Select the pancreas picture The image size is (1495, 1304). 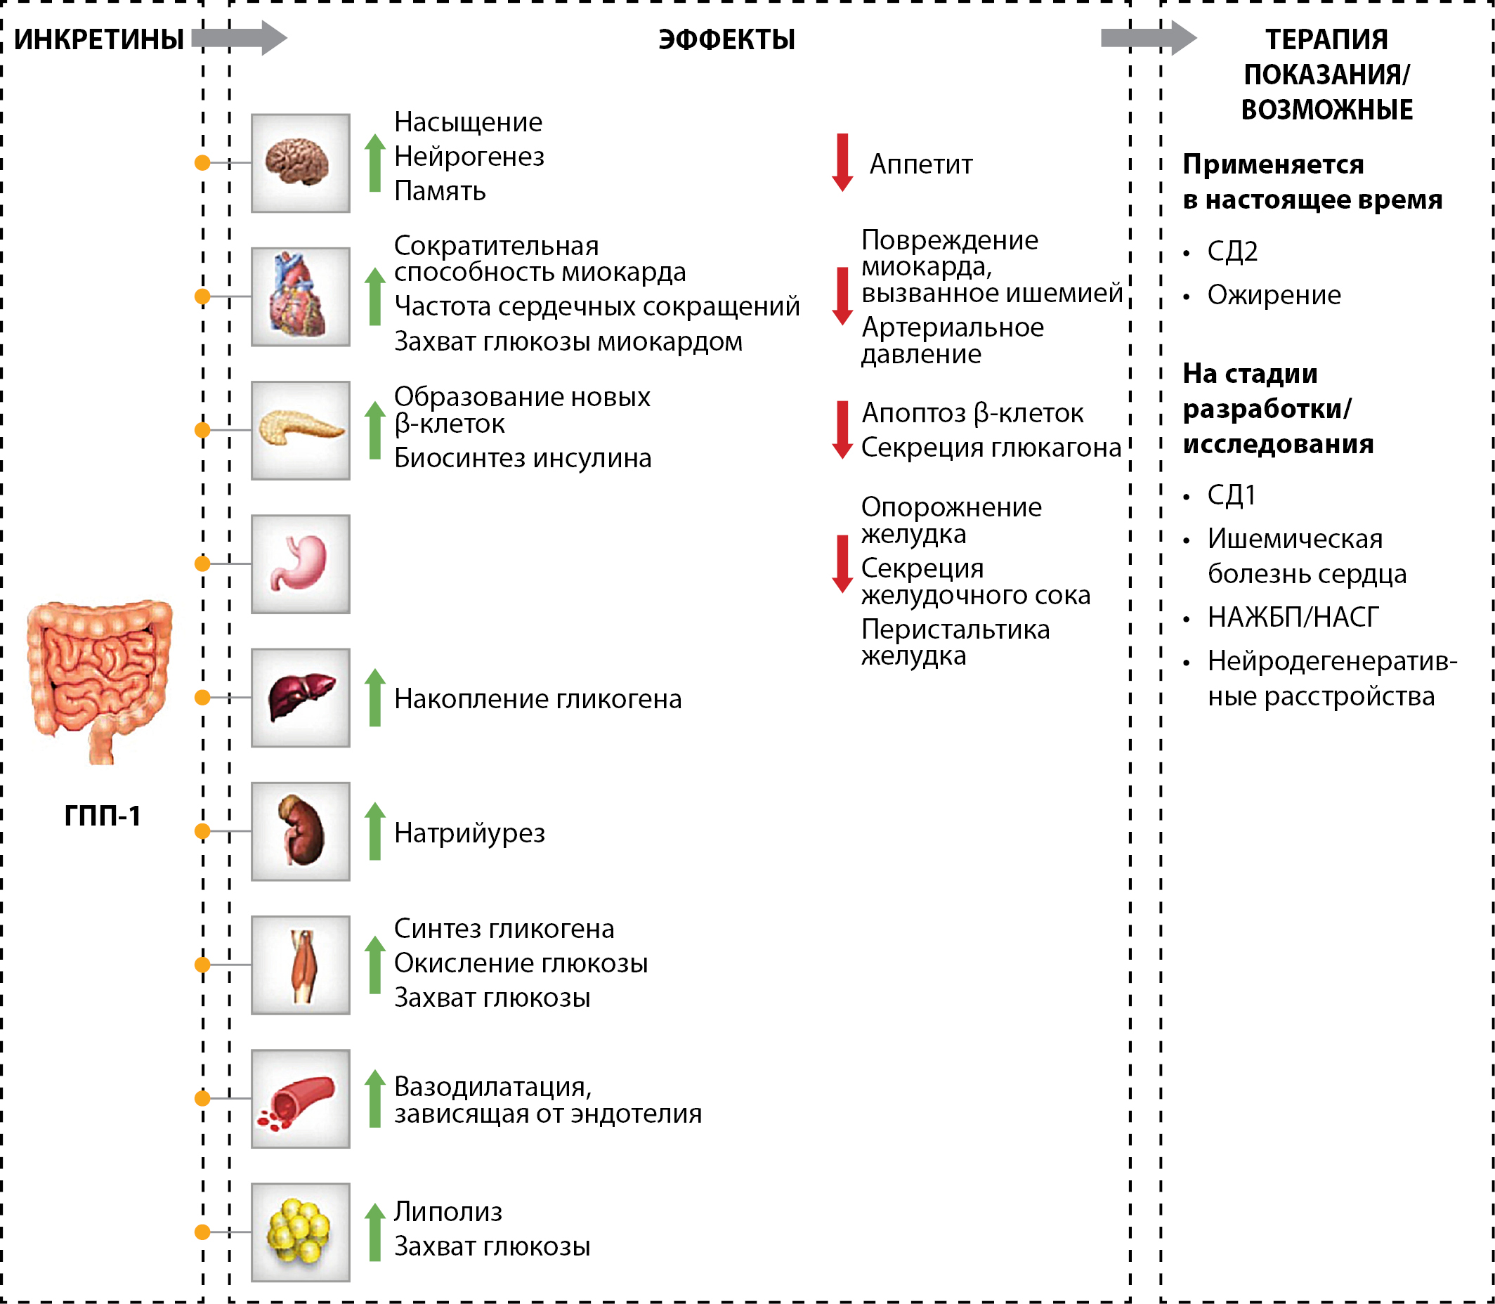click(300, 430)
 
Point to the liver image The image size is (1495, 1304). click(300, 697)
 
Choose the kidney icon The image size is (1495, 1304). click(300, 831)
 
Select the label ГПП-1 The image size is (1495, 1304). click(103, 816)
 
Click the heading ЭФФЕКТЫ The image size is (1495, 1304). click(726, 39)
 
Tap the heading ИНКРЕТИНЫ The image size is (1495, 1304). click(99, 39)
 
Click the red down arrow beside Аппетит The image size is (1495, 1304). click(842, 162)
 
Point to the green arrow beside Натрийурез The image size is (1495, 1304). click(374, 831)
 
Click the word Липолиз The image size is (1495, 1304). click(448, 1211)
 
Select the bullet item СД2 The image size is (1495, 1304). click(1232, 251)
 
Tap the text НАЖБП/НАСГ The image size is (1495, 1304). click(1293, 617)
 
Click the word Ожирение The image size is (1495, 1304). click(1274, 294)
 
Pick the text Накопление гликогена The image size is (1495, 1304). click(537, 698)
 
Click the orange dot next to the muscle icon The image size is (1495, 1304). click(203, 965)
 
